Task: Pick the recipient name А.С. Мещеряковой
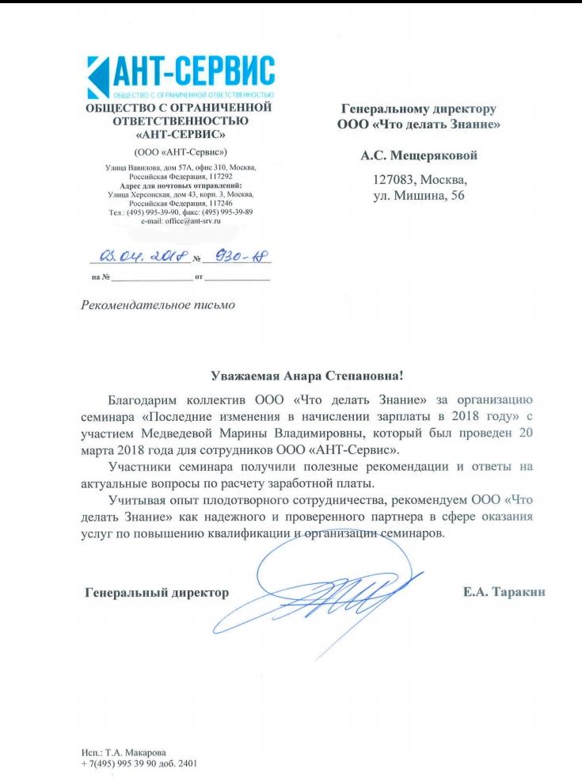(419, 155)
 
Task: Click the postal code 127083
(398, 180)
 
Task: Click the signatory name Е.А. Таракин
(504, 592)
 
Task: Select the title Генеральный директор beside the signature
(156, 592)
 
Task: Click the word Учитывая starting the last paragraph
(138, 499)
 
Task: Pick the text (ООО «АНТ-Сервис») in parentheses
(181, 151)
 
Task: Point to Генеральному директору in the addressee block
(418, 108)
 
